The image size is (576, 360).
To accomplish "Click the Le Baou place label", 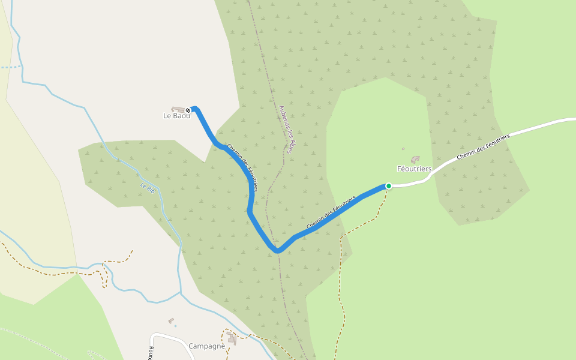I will click(x=176, y=116).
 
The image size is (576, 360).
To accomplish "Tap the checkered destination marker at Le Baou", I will click(x=188, y=110).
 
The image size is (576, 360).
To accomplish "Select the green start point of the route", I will click(x=389, y=186).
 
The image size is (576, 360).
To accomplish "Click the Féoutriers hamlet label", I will click(x=414, y=169).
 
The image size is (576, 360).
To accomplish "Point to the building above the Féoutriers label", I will click(x=415, y=160).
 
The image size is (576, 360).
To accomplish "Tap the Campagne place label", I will click(x=206, y=346).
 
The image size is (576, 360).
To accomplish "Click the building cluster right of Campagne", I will click(x=231, y=339).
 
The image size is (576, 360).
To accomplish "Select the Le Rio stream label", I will click(x=148, y=188).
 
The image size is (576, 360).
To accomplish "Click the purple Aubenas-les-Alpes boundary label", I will click(x=285, y=130).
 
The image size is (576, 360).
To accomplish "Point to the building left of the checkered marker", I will click(x=178, y=109).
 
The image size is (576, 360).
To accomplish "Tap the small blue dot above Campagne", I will click(x=175, y=326).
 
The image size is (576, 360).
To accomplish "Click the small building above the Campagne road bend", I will click(x=171, y=321).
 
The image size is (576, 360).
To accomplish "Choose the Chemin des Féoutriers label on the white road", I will click(x=483, y=147).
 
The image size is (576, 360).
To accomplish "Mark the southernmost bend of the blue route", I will click(x=277, y=250).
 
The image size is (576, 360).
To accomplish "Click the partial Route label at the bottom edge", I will click(x=151, y=352).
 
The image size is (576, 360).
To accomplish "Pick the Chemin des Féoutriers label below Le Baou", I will click(x=242, y=167).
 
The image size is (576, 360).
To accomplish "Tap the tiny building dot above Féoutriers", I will click(x=403, y=149).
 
